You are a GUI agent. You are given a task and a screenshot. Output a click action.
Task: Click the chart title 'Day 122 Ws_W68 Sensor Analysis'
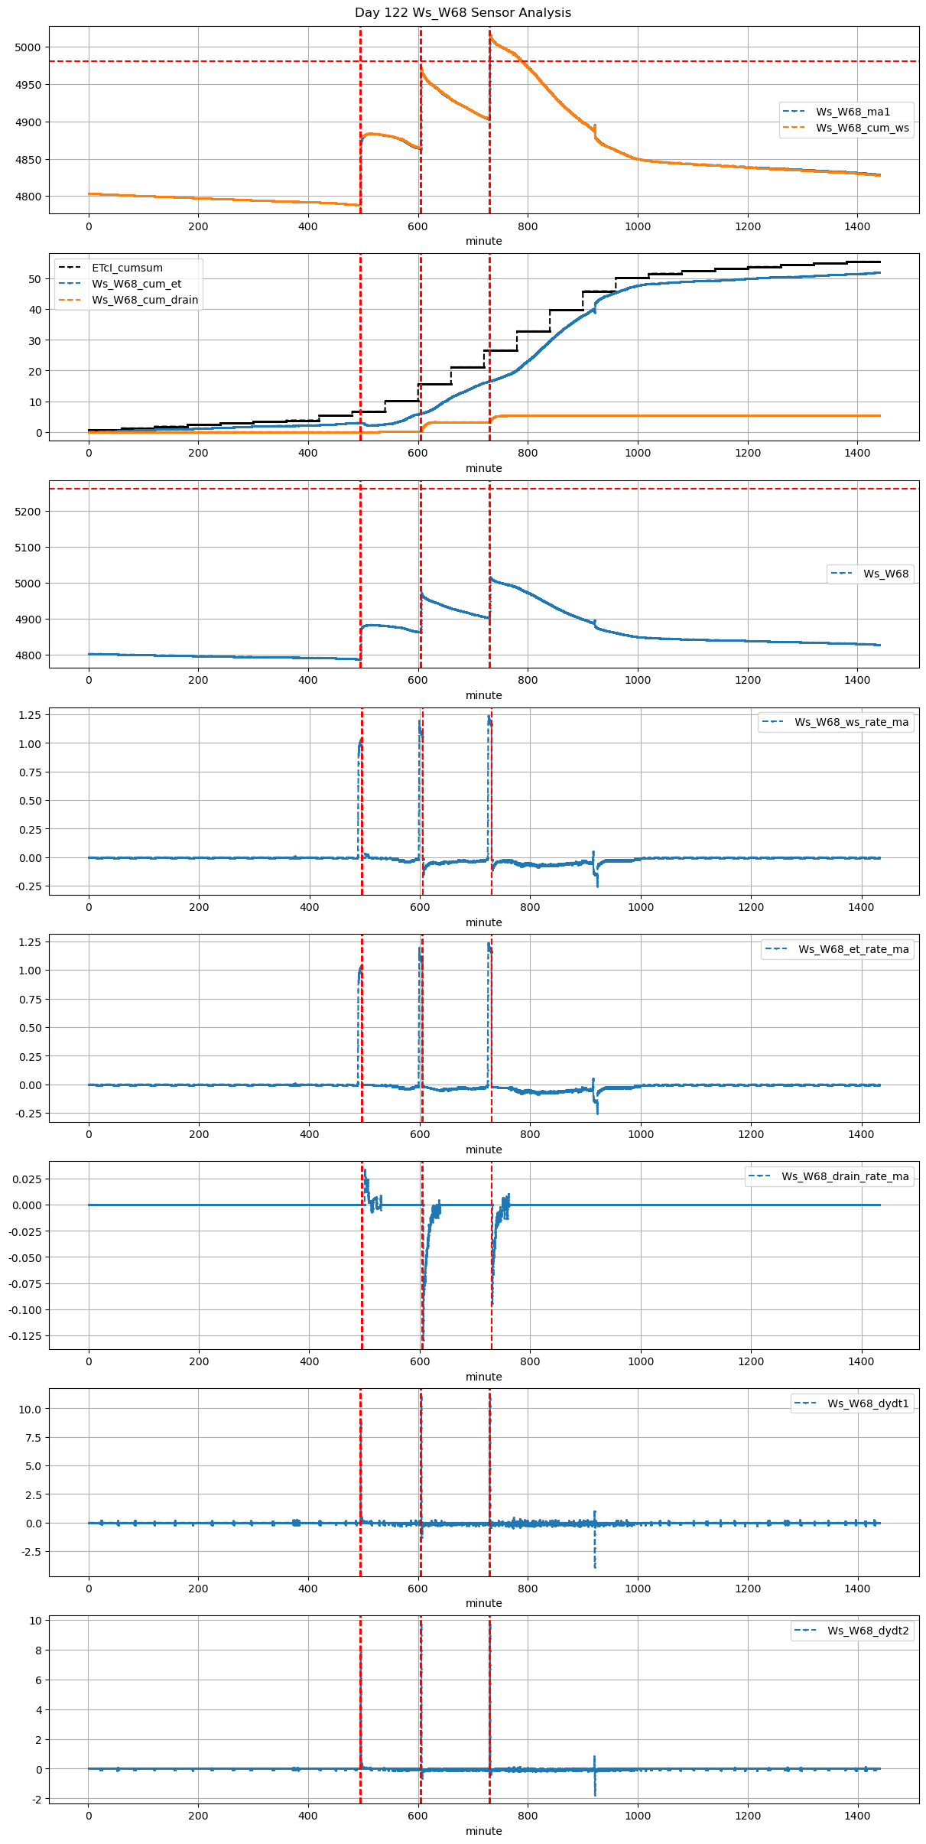coord(463,13)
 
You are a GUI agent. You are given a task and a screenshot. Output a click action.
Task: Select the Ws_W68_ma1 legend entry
coord(853,112)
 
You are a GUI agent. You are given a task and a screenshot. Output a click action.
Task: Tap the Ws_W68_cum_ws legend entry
coord(862,128)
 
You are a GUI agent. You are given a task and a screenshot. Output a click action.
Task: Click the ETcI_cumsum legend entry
coord(127,268)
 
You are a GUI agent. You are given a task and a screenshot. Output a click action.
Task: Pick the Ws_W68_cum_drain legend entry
coord(145,301)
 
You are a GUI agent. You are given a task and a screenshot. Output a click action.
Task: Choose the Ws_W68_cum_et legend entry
coord(136,285)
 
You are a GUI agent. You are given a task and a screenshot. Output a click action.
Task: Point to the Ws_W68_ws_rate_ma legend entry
coord(851,722)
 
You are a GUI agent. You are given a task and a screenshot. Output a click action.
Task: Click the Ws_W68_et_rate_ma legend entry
coord(853,949)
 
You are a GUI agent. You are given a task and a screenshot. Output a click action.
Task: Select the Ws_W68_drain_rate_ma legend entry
coord(845,1176)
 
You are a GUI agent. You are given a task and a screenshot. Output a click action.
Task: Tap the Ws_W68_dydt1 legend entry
coord(868,1403)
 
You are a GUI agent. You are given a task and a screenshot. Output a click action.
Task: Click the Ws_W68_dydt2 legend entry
coord(868,1631)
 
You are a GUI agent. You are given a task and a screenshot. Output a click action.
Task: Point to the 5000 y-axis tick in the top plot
coord(28,47)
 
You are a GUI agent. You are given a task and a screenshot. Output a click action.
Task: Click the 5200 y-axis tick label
coord(28,512)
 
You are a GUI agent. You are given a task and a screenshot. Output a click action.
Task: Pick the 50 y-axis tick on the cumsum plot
coord(34,279)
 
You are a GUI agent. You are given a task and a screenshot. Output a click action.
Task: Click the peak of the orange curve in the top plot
coord(490,33)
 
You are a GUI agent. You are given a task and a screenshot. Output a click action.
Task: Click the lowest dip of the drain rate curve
coord(423,1338)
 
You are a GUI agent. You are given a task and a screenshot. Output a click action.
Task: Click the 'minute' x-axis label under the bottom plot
coord(483,1831)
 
